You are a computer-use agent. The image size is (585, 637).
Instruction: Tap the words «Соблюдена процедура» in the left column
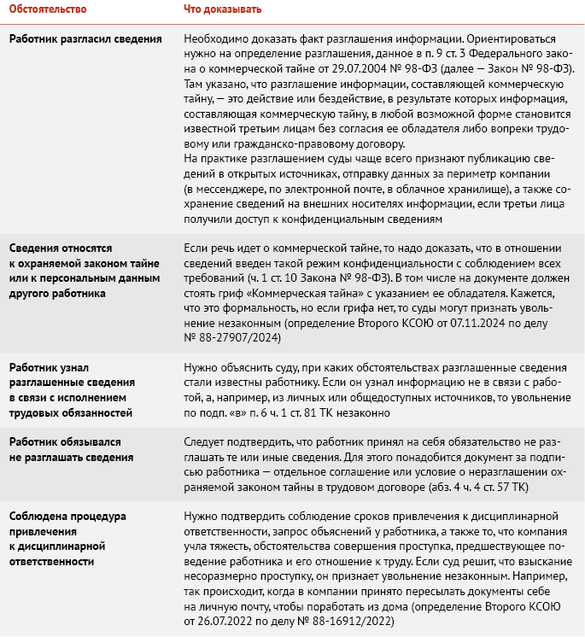coord(67,516)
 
